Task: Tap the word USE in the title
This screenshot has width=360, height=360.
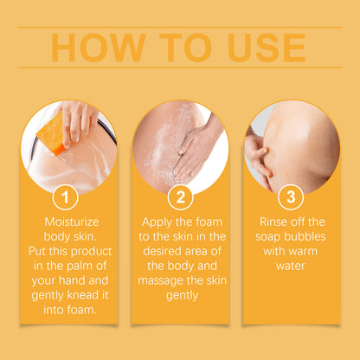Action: [x=267, y=48]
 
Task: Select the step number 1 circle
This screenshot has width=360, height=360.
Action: [x=65, y=197]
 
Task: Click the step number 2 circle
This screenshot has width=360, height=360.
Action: [x=181, y=197]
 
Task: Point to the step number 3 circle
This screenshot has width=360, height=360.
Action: [x=291, y=197]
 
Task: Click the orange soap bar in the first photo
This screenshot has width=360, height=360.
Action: [x=51, y=133]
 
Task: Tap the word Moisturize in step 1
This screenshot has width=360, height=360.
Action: [x=72, y=222]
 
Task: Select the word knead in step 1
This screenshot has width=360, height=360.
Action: [x=83, y=295]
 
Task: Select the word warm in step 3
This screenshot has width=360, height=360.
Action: [x=302, y=252]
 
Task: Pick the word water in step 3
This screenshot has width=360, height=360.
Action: [x=290, y=266]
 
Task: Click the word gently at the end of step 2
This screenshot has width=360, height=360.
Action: [x=182, y=296]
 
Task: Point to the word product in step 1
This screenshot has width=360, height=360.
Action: [x=91, y=252]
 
